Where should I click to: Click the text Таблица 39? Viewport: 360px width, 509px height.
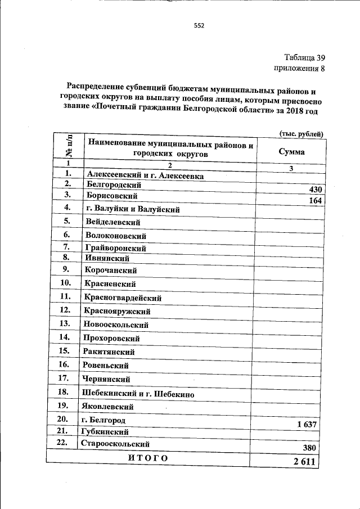tap(305, 57)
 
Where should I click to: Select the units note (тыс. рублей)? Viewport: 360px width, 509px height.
tap(301, 133)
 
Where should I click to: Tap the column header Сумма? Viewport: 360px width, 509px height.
tap(292, 152)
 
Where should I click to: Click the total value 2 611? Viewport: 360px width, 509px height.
tap(305, 461)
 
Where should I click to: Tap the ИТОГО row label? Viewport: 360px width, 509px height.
tap(148, 458)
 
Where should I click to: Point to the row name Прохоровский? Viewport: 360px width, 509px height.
tap(111, 339)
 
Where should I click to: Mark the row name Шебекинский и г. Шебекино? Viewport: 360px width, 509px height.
tap(138, 394)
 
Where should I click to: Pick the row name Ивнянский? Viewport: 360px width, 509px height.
tap(107, 259)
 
